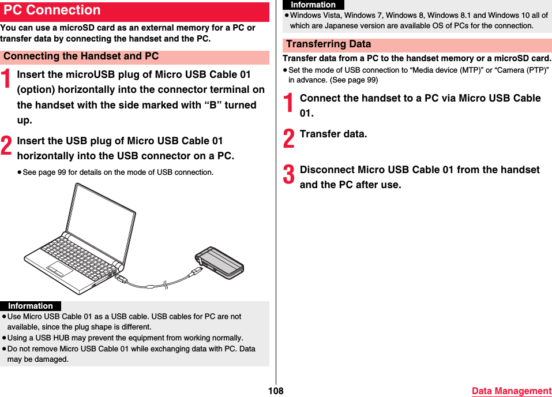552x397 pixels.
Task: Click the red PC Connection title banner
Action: point(134,11)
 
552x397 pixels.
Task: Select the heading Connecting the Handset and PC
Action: point(81,57)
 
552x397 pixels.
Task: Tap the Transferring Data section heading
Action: point(329,44)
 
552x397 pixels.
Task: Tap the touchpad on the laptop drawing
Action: point(60,268)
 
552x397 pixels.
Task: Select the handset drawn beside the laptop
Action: point(219,262)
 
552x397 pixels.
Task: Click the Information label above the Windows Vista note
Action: point(313,5)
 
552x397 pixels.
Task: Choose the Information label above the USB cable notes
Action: point(31,306)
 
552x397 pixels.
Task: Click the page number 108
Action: point(276,391)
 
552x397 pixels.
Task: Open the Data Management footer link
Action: point(511,391)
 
